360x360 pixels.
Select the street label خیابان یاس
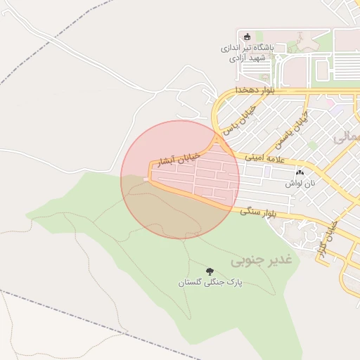[x=238, y=120]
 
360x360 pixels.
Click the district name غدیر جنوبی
[x=264, y=260]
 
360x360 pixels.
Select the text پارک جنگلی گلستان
[x=210, y=282]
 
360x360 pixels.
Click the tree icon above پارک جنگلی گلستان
[x=209, y=271]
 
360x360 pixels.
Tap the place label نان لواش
[x=300, y=183]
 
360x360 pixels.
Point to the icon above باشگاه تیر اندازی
[x=246, y=37]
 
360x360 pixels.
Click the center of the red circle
[x=180, y=180]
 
